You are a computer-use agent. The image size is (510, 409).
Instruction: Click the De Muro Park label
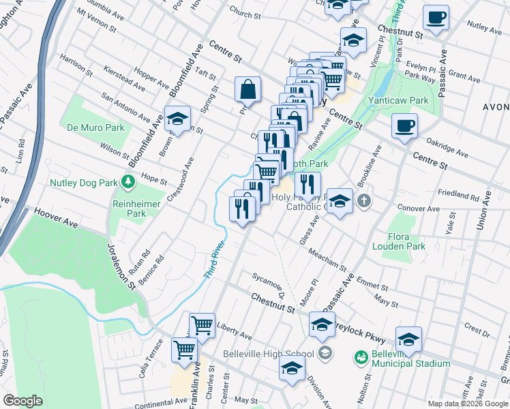(95, 127)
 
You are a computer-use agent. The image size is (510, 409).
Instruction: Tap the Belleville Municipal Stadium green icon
(361, 357)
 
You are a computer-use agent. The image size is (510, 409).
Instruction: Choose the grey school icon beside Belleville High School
(325, 353)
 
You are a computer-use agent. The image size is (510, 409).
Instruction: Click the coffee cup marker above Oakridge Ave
(404, 126)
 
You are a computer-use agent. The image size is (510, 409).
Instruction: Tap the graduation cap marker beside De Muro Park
(177, 119)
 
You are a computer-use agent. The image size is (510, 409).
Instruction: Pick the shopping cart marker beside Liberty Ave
(202, 326)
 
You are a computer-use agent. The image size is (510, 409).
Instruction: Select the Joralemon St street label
(120, 267)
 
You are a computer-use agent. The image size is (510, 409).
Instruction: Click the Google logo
(22, 401)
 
